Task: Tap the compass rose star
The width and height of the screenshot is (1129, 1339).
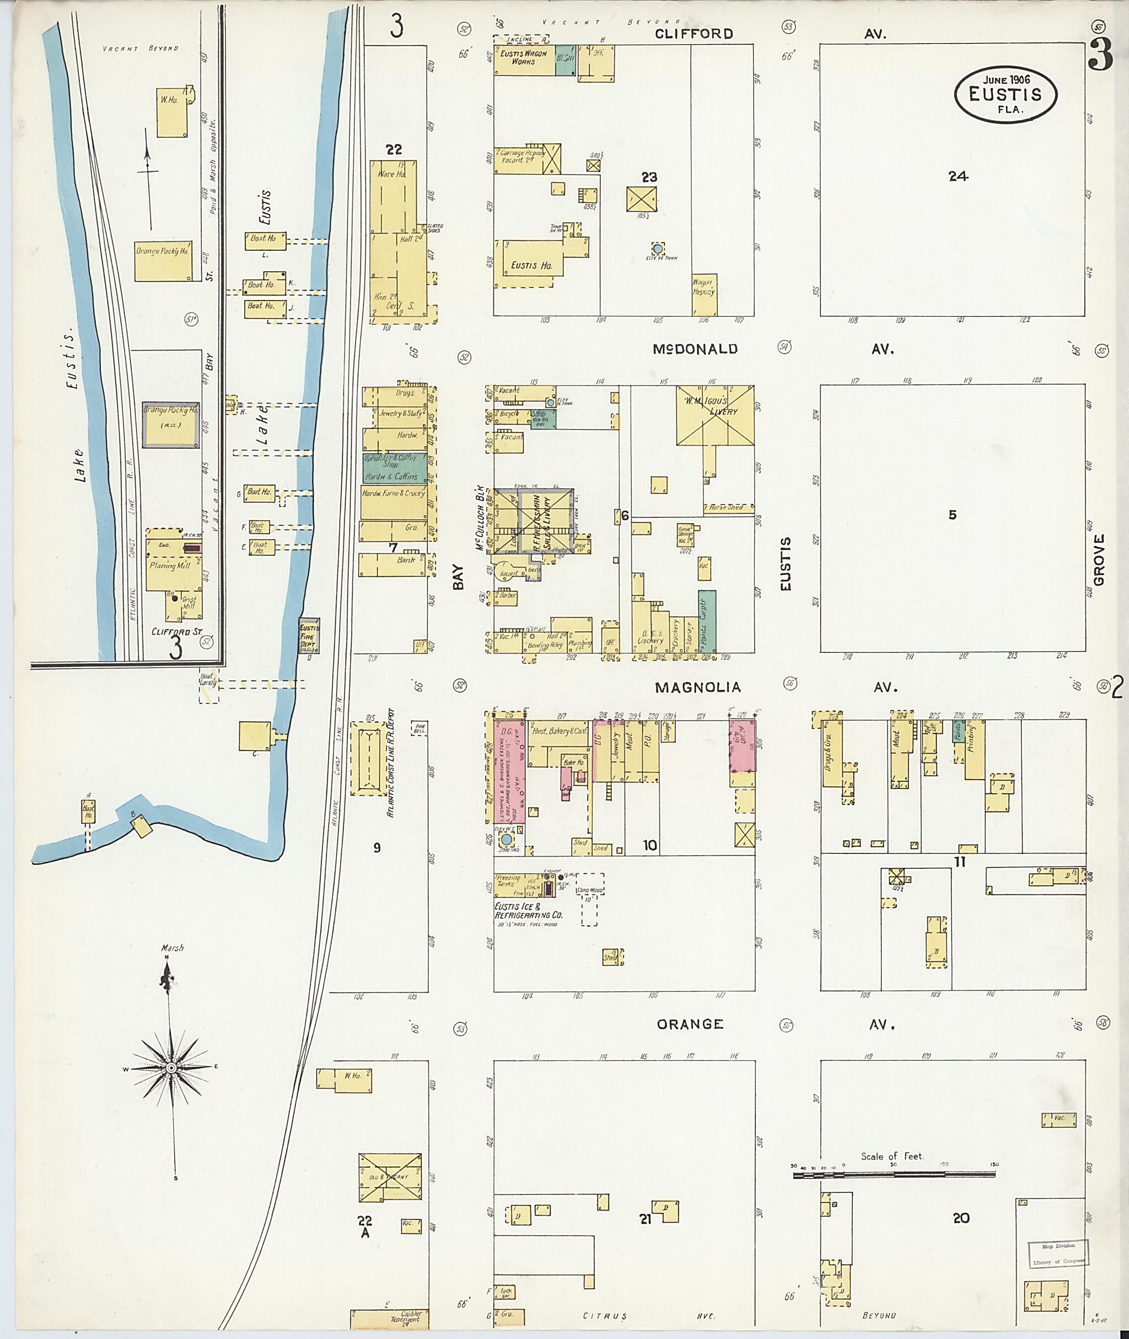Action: coord(171,1068)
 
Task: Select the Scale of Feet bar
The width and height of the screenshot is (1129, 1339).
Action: coord(894,1175)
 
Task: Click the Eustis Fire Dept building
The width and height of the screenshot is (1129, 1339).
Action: coord(309,636)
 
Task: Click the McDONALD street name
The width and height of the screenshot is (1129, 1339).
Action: coord(695,349)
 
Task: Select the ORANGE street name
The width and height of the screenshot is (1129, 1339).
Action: coord(690,1025)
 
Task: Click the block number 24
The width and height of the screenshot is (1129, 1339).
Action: coord(958,176)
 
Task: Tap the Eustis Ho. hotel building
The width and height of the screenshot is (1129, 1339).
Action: coord(530,265)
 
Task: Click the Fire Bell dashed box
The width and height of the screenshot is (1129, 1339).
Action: coord(419,728)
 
